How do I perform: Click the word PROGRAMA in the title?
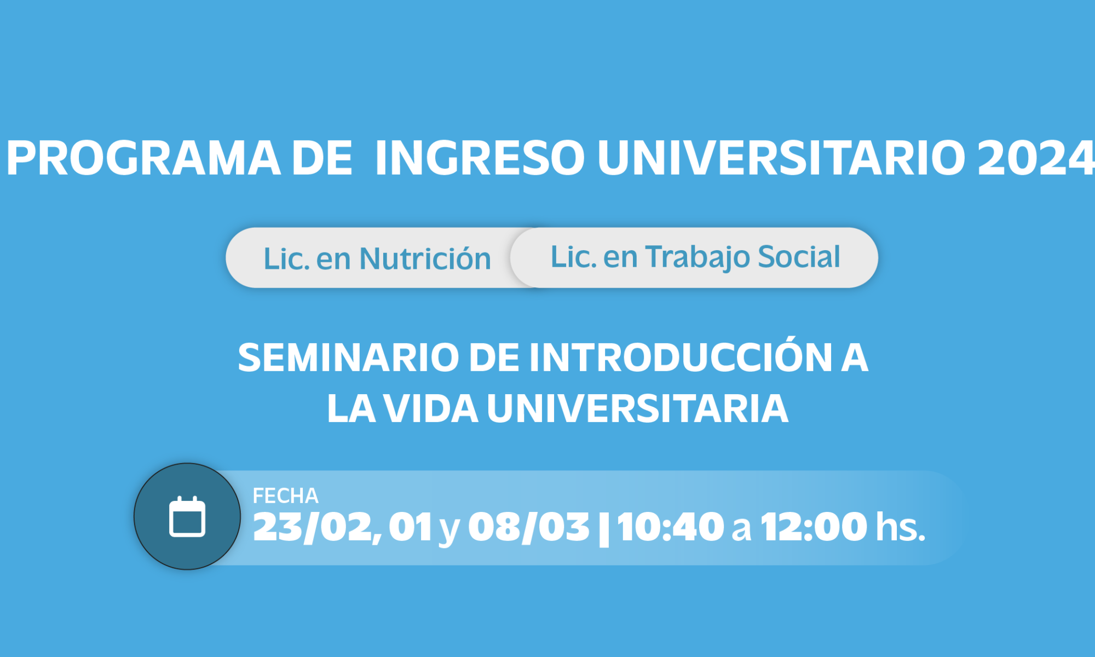[143, 158]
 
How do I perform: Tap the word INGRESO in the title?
[480, 158]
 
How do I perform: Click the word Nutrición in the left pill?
[425, 258]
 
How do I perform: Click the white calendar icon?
[187, 517]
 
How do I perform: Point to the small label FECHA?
[285, 496]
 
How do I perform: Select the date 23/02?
[318, 527]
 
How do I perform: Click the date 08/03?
[529, 527]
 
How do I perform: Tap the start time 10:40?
[671, 527]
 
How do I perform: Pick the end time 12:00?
[814, 527]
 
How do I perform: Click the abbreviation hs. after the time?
[901, 527]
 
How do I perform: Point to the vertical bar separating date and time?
[604, 528]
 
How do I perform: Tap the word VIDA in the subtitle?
[431, 408]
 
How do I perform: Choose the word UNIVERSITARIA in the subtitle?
[638, 408]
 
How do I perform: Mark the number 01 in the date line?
[411, 527]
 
